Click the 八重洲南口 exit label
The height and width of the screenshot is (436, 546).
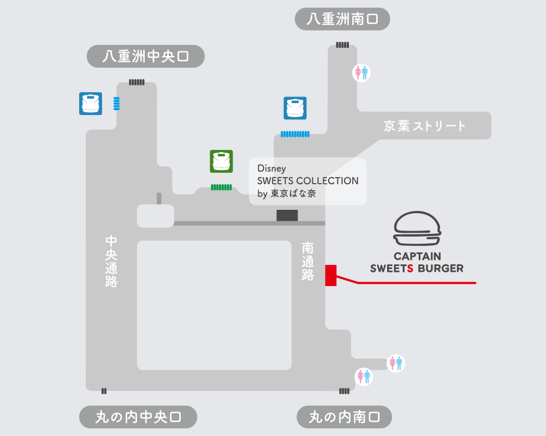(342, 19)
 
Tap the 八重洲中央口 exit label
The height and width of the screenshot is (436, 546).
(145, 56)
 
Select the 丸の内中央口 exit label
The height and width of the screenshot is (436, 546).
(138, 417)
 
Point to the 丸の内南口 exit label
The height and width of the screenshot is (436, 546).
(344, 417)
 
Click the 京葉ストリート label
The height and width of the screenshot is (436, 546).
(425, 126)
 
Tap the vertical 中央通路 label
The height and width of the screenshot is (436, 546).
(111, 262)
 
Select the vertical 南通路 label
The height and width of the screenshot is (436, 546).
(308, 262)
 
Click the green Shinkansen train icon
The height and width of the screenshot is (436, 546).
(221, 161)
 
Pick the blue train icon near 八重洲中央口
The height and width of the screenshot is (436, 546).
(91, 104)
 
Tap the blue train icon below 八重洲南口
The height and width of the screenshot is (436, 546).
(295, 108)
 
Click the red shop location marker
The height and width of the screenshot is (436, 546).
(330, 275)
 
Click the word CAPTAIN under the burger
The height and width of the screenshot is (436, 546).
(418, 256)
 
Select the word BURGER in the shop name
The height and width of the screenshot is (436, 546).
(441, 268)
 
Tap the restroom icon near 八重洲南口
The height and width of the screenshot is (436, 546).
(361, 72)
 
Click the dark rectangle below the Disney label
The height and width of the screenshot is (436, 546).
(287, 215)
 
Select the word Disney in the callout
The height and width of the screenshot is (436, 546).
(271, 169)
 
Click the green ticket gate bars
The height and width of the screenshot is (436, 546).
(221, 187)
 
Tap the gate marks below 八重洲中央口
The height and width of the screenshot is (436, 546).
(136, 82)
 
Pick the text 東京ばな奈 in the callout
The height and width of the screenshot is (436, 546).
(294, 194)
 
